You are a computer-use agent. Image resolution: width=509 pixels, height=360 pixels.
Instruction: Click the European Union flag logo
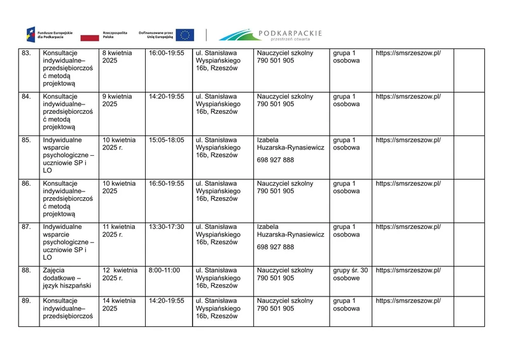tap(185, 35)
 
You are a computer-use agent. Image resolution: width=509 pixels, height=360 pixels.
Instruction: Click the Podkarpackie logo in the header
tap(271, 34)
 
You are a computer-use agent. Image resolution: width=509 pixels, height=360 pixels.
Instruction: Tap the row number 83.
tap(26, 53)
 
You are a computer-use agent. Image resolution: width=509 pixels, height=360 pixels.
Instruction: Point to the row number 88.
tap(26, 270)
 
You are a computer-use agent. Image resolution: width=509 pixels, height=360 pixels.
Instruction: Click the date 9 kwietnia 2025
tap(117, 100)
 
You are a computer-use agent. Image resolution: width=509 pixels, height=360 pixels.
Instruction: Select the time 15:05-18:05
tap(166, 140)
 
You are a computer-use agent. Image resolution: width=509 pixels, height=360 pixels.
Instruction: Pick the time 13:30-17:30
tap(166, 226)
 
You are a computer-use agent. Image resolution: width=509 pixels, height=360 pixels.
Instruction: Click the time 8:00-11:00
tap(162, 270)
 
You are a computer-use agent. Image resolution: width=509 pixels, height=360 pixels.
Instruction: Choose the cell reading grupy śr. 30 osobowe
tap(351, 274)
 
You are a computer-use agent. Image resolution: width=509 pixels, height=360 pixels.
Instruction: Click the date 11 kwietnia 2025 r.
tap(118, 230)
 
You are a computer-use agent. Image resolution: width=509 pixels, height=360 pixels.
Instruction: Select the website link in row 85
tap(408, 140)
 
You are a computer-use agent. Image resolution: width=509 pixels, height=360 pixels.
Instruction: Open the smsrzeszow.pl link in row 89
tap(408, 301)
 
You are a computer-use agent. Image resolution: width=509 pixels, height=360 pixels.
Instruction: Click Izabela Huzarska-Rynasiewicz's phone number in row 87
tap(275, 247)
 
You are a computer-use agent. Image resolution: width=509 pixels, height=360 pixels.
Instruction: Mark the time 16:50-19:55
tap(166, 183)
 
